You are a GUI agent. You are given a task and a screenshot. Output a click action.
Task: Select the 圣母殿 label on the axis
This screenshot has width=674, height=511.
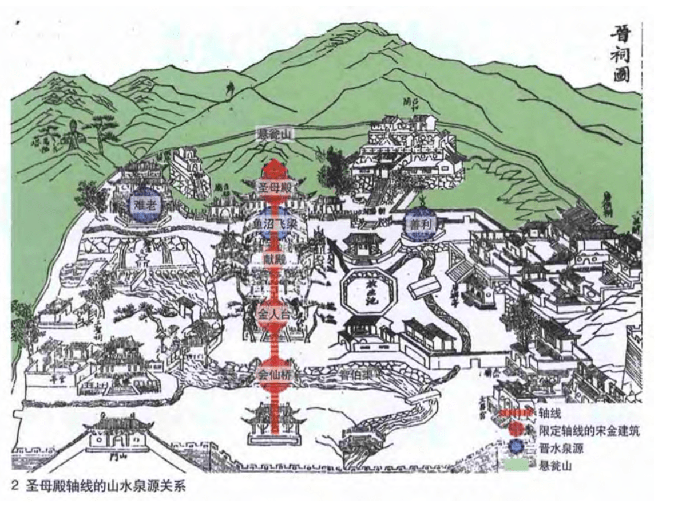(x=273, y=187)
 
